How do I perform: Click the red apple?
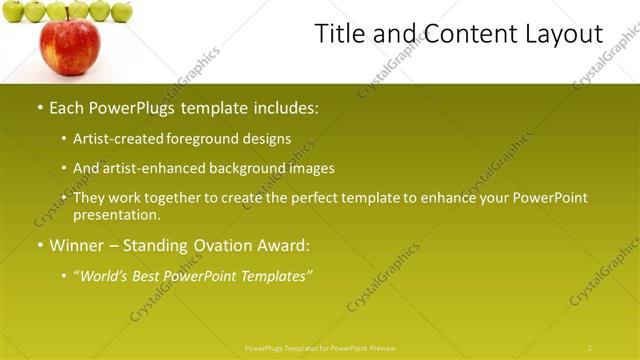point(69,47)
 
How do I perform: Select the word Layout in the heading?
point(564,34)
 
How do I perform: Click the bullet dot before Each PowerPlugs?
point(39,107)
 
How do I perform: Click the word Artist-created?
point(115,139)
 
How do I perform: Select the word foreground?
point(197,139)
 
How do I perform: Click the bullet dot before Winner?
point(39,245)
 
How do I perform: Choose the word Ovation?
point(229,245)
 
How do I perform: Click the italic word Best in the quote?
point(152,276)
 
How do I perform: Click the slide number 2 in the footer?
point(590,347)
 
